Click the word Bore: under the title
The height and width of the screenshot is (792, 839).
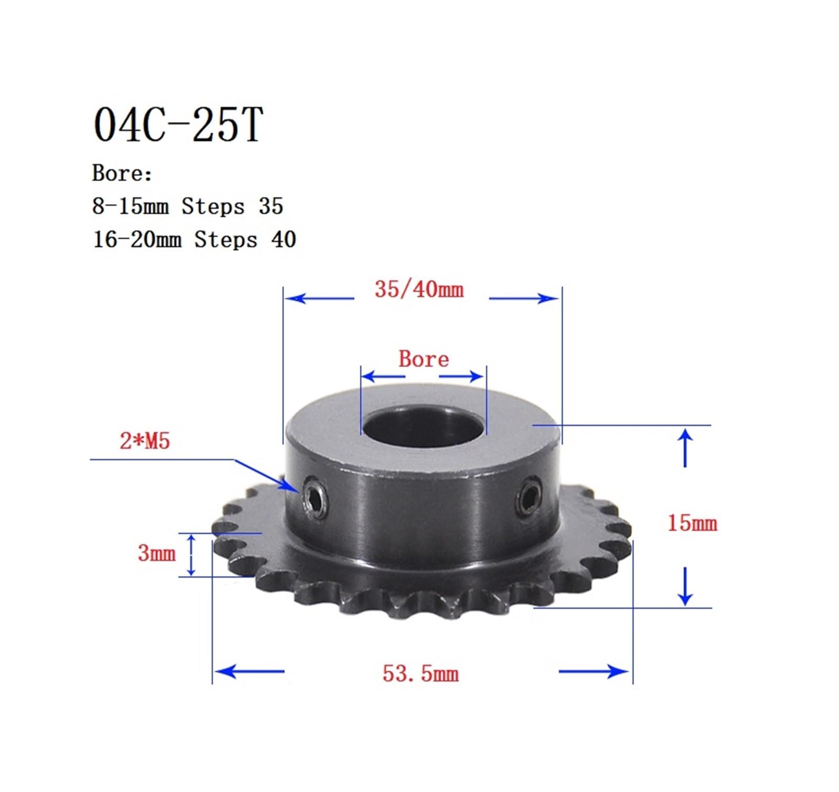(x=122, y=173)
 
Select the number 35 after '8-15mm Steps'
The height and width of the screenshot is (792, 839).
(x=271, y=206)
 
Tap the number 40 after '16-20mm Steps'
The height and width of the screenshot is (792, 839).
(x=284, y=240)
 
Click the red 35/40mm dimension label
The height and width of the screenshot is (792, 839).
(x=419, y=290)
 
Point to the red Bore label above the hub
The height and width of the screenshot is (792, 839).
(x=424, y=359)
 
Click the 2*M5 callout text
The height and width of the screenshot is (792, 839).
(x=145, y=441)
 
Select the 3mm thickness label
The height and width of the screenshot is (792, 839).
(x=156, y=553)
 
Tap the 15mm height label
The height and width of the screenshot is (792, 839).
(x=692, y=523)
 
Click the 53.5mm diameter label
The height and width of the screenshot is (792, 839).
(x=421, y=674)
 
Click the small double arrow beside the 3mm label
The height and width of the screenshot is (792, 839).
(x=191, y=555)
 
